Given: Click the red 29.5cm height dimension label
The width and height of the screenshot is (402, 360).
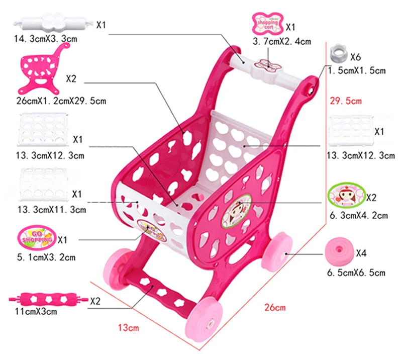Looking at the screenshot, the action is (346, 101).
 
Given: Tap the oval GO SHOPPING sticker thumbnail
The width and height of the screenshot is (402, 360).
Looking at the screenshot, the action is (36, 238).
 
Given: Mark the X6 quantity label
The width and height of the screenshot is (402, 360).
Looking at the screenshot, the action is (356, 56).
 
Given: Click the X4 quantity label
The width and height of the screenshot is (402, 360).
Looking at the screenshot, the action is (361, 253).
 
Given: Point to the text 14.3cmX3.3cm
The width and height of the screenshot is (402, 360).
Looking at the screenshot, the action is (43, 38).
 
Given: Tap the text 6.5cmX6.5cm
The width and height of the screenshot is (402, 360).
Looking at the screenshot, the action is (356, 273).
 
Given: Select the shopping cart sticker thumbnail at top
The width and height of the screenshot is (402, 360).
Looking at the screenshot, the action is (268, 23).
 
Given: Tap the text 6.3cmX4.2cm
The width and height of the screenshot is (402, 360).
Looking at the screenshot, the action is (358, 216).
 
